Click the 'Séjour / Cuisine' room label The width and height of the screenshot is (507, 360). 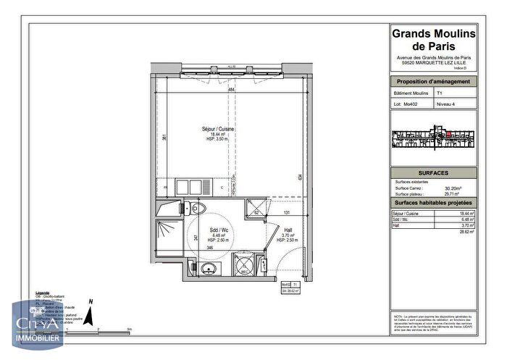[218, 129]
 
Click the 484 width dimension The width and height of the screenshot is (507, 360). [232, 90]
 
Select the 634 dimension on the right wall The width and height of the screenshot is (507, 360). [298, 176]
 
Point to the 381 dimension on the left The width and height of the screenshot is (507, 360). [165, 138]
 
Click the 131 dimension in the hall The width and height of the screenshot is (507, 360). [287, 212]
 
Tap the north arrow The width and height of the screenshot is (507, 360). [88, 313]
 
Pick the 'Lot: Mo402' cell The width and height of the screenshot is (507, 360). [407, 105]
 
